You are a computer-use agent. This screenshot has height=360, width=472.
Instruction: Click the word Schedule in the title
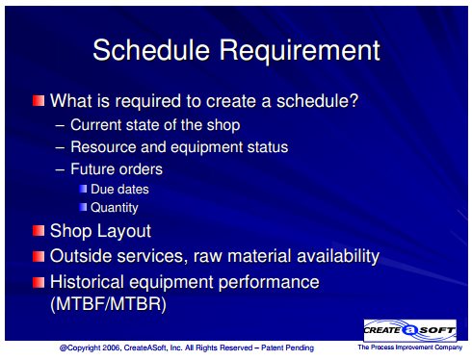pos(151,50)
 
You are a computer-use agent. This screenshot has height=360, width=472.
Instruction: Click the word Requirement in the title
pos(300,51)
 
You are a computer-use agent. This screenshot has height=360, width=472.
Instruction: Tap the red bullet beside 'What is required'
pos(39,100)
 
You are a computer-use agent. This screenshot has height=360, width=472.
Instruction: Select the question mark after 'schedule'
pos(354,100)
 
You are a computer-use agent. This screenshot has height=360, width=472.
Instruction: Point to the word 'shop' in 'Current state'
pos(223,125)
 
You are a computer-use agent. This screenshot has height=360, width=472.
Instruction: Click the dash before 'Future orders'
pos(60,169)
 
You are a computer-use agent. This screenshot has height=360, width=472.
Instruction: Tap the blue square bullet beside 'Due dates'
pos(83,189)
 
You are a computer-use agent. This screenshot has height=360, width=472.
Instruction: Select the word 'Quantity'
pos(115,208)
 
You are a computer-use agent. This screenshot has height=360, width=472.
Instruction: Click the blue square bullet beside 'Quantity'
pos(83,207)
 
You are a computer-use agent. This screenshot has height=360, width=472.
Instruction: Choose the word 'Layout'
pos(123,231)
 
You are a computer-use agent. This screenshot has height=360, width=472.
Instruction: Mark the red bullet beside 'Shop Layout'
pos(39,231)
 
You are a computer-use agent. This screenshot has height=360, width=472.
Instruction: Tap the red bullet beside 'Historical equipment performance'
pos(39,282)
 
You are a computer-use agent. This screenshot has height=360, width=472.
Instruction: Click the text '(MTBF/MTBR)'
pos(109,303)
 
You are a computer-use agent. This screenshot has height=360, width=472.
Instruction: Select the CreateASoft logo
pos(410,330)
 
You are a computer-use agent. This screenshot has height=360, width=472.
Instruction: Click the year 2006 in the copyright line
pos(111,347)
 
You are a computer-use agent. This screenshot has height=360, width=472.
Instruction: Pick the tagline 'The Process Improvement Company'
pos(410,347)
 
